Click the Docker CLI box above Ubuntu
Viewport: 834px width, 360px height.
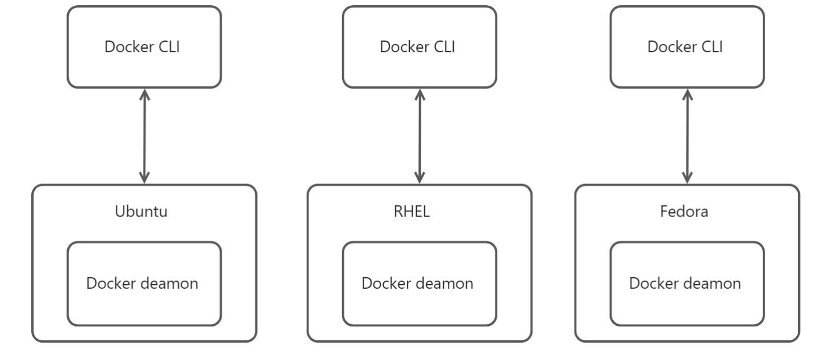144,47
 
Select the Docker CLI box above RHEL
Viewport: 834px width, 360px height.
419,47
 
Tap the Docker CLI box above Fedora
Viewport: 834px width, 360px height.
687,47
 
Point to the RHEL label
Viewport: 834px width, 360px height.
419,211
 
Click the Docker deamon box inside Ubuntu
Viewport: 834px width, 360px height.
144,284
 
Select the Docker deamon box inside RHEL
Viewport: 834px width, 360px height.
419,284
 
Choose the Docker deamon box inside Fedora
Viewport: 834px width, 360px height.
687,284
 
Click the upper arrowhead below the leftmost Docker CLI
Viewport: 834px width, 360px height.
144,94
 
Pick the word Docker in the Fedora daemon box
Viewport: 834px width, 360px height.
653,284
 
